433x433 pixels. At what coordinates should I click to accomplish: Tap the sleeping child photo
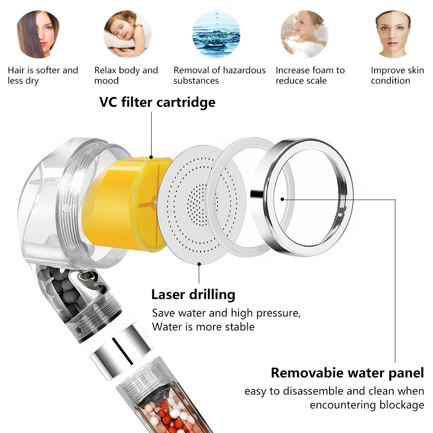pyautogui.click(x=127, y=35)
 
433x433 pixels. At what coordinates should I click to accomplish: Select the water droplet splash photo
pyautogui.click(x=216, y=35)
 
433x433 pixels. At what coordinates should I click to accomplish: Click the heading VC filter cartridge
pyautogui.click(x=157, y=102)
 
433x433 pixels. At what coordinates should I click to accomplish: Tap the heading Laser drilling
pyautogui.click(x=193, y=294)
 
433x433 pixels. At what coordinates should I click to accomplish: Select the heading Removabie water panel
pyautogui.click(x=347, y=372)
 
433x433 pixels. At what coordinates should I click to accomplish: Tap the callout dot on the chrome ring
pyautogui.click(x=282, y=199)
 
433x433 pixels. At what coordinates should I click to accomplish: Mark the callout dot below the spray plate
pyautogui.click(x=199, y=263)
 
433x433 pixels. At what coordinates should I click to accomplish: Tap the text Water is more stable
pyautogui.click(x=203, y=326)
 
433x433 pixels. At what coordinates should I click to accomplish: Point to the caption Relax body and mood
pyautogui.click(x=126, y=75)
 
